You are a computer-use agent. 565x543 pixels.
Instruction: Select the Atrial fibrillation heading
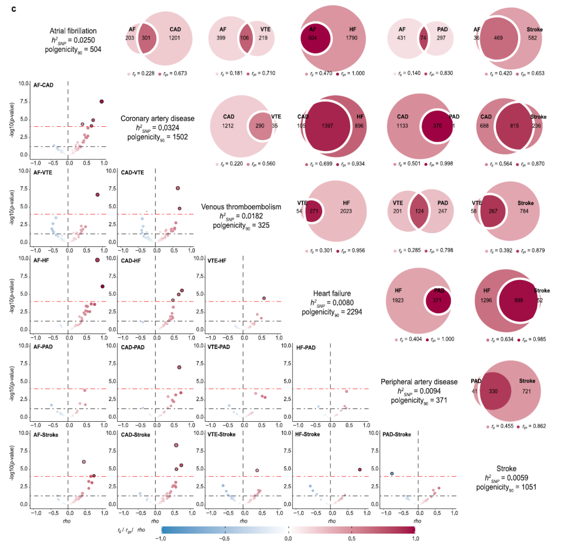coord(73,31)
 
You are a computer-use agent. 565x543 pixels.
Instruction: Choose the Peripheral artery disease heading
coord(419,381)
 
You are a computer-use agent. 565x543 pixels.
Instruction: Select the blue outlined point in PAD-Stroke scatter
coord(392,474)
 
